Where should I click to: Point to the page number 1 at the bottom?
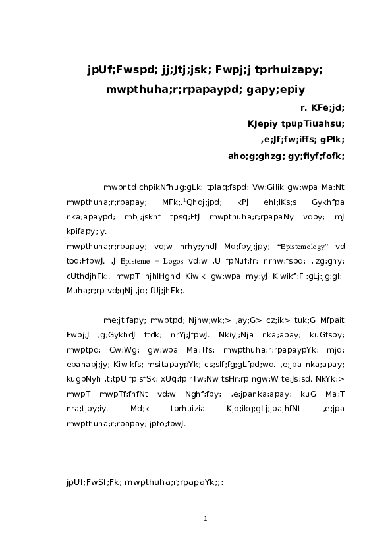point(206,519)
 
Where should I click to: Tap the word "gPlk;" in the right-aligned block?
point(331,139)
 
